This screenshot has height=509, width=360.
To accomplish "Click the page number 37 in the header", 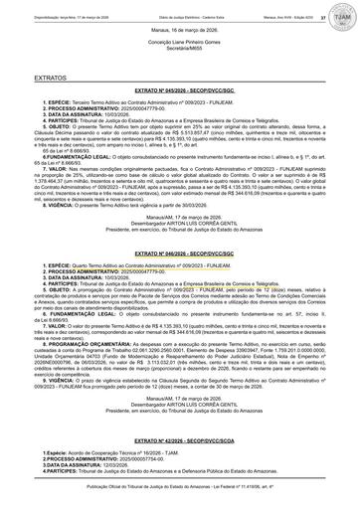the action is (x=323, y=16).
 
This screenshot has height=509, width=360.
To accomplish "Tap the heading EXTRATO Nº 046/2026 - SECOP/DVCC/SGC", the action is (x=179, y=256).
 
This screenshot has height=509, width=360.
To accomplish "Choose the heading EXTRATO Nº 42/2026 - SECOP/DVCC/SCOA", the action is (x=179, y=440).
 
